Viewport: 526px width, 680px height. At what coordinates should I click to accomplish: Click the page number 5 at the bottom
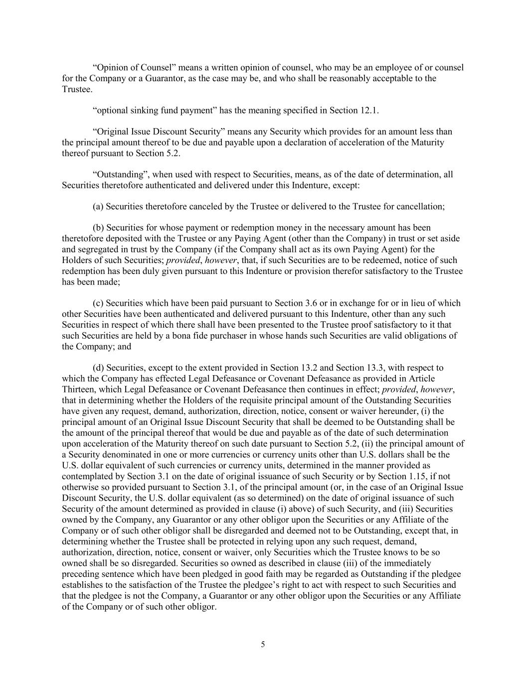pyautogui.click(x=263, y=645)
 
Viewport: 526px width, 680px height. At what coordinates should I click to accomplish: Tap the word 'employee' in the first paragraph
pyautogui.click(x=389, y=67)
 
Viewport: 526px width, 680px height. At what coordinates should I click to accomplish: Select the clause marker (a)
pyautogui.click(x=98, y=207)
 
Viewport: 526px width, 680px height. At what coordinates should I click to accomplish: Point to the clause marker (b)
pyautogui.click(x=98, y=228)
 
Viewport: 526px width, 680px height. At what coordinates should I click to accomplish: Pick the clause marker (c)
pyautogui.click(x=98, y=303)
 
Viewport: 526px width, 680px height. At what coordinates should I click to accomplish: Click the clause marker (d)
pyautogui.click(x=98, y=368)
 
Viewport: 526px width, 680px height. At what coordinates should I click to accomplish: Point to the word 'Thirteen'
pyautogui.click(x=78, y=390)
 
